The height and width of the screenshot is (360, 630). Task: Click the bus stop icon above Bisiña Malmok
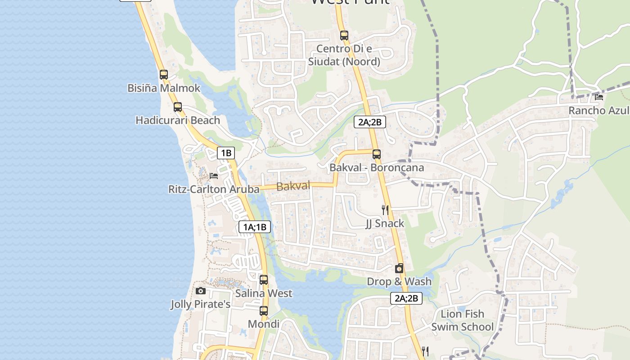(164, 75)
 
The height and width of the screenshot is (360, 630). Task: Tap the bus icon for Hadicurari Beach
(178, 107)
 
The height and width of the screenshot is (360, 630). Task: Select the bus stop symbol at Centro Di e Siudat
(344, 35)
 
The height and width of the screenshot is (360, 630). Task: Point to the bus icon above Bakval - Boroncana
(377, 154)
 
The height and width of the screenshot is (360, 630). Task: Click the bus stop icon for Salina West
(264, 280)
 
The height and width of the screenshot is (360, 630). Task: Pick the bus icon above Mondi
(264, 311)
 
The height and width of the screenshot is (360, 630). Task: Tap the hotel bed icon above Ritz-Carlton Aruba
(214, 175)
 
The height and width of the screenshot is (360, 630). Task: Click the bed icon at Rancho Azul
(599, 97)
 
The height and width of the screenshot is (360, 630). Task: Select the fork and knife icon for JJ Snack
(385, 210)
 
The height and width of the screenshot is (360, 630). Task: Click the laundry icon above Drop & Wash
(399, 269)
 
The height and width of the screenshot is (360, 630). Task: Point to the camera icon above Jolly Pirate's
(201, 291)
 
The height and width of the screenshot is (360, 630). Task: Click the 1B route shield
(226, 153)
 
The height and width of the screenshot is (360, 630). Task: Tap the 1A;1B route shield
(255, 227)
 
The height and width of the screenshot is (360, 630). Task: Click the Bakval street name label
(293, 186)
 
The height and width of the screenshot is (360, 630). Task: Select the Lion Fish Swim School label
(462, 320)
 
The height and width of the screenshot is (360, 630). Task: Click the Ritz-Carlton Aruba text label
(214, 189)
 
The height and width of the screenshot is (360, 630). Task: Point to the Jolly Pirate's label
(200, 305)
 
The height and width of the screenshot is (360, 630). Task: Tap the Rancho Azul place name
(598, 110)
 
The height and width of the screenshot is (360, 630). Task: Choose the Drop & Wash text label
(399, 282)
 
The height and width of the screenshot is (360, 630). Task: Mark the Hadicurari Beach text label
(178, 120)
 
